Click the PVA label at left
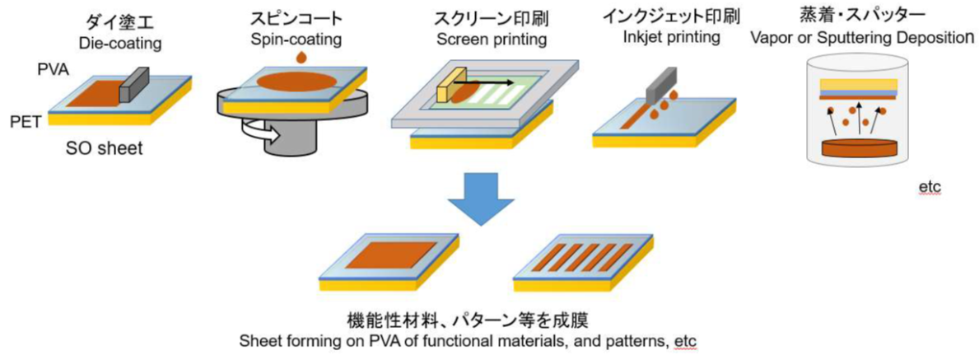pyautogui.click(x=51, y=72)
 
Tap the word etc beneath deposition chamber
pyautogui.click(x=930, y=189)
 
